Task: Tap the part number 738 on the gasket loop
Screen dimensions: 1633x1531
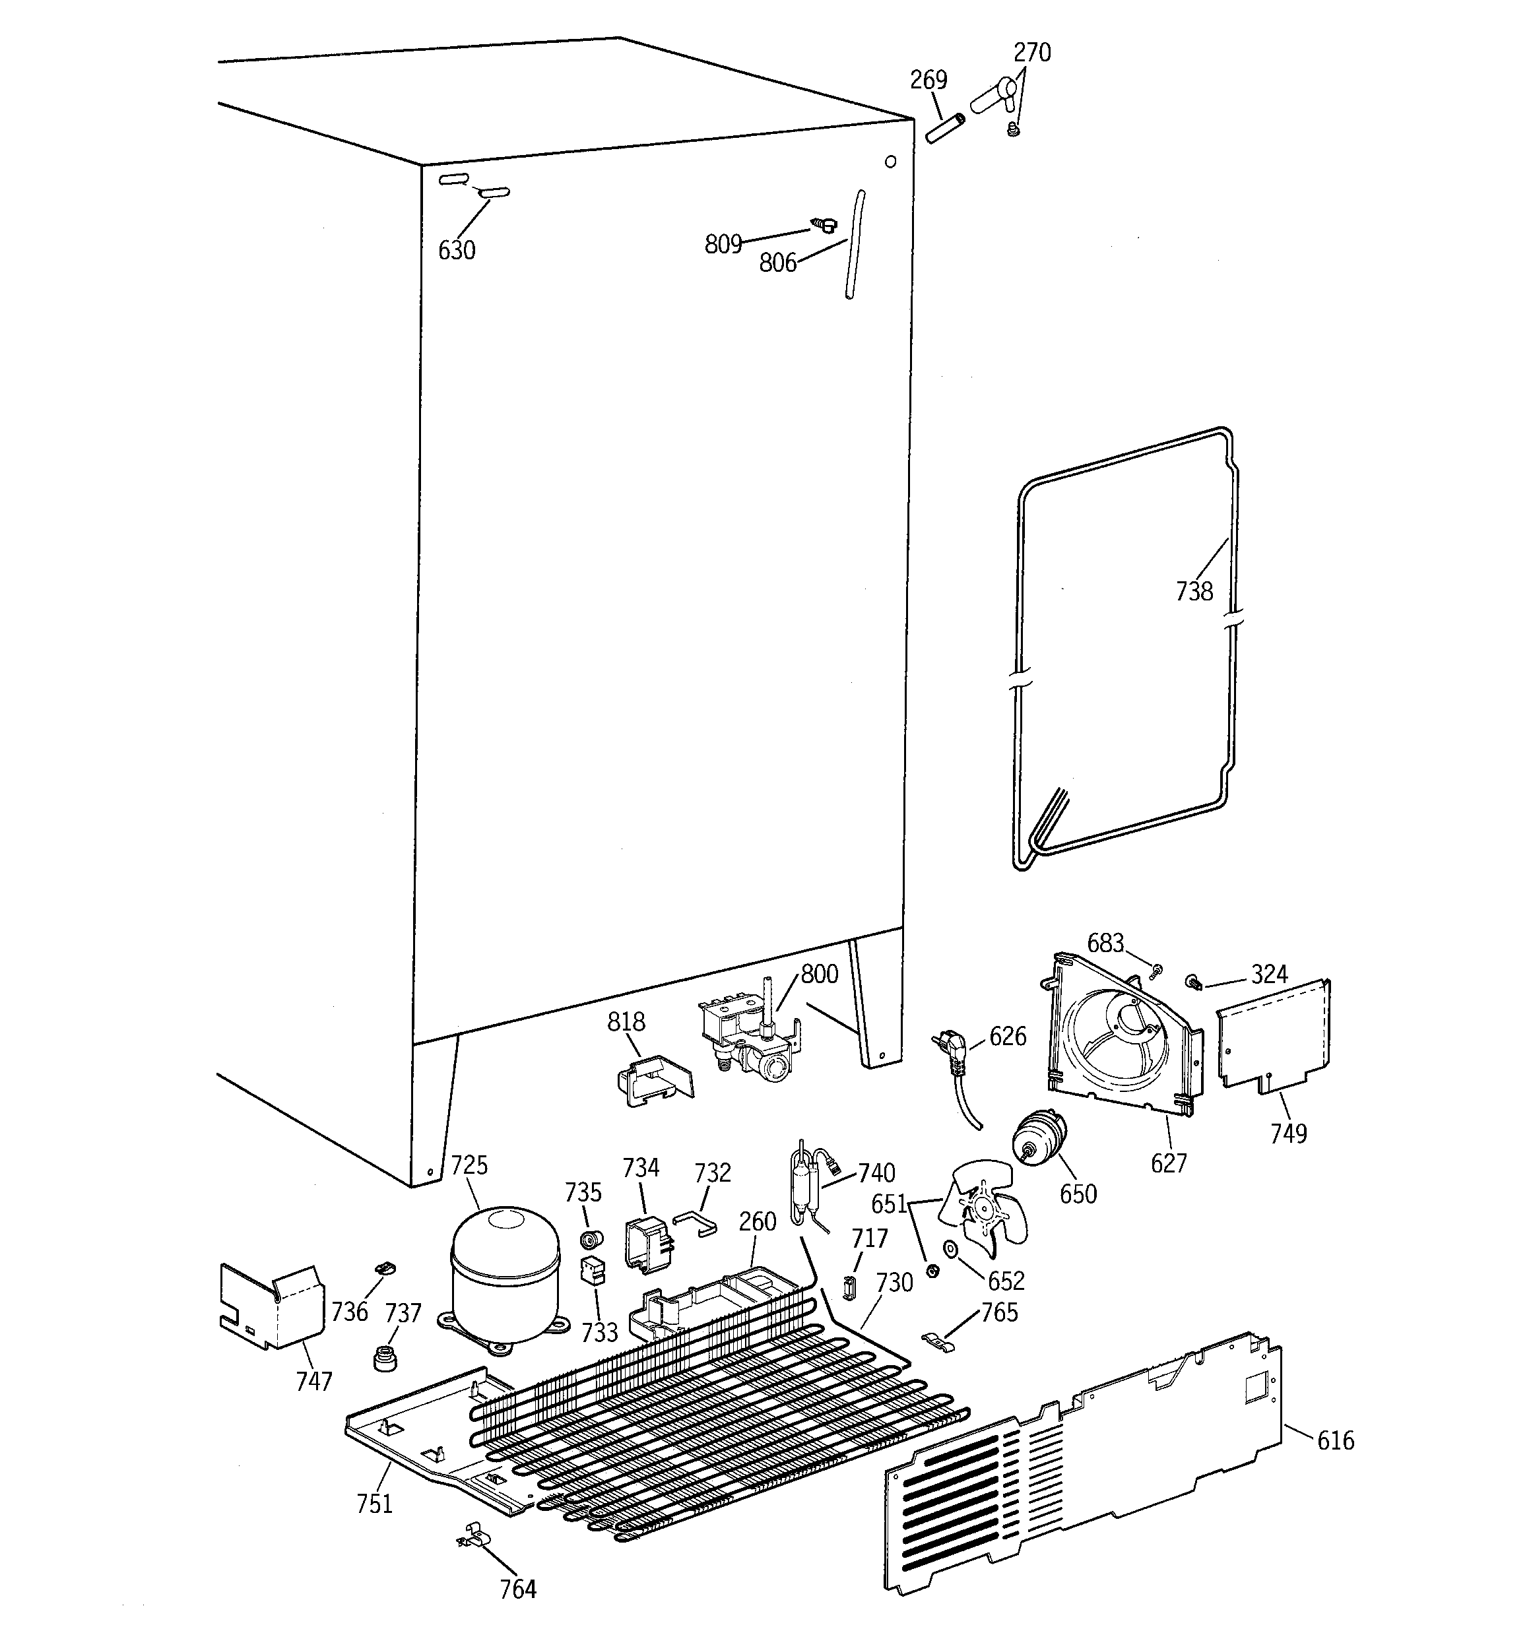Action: click(x=1193, y=591)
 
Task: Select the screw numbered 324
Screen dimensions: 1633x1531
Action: click(x=1192, y=980)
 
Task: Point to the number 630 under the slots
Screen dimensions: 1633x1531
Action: click(x=456, y=249)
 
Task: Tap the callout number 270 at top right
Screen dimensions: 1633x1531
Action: click(x=1031, y=53)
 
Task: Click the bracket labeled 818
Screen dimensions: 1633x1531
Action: click(x=654, y=1081)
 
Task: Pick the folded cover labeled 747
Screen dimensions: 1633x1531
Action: click(x=271, y=1306)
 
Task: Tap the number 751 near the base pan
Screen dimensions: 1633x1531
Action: click(x=374, y=1503)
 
